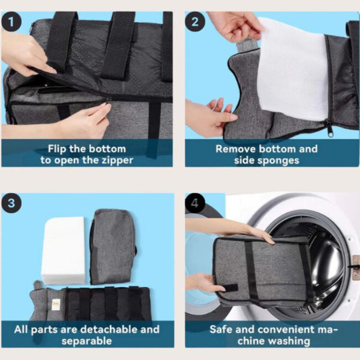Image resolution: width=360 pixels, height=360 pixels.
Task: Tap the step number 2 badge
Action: (x=195, y=23)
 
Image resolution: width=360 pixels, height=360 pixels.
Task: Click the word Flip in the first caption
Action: (x=61, y=149)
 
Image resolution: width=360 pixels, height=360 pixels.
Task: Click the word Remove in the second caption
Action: (x=235, y=149)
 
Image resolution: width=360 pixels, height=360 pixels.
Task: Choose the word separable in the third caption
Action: (x=87, y=341)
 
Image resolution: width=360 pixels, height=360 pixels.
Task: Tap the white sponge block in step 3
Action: (x=63, y=250)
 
